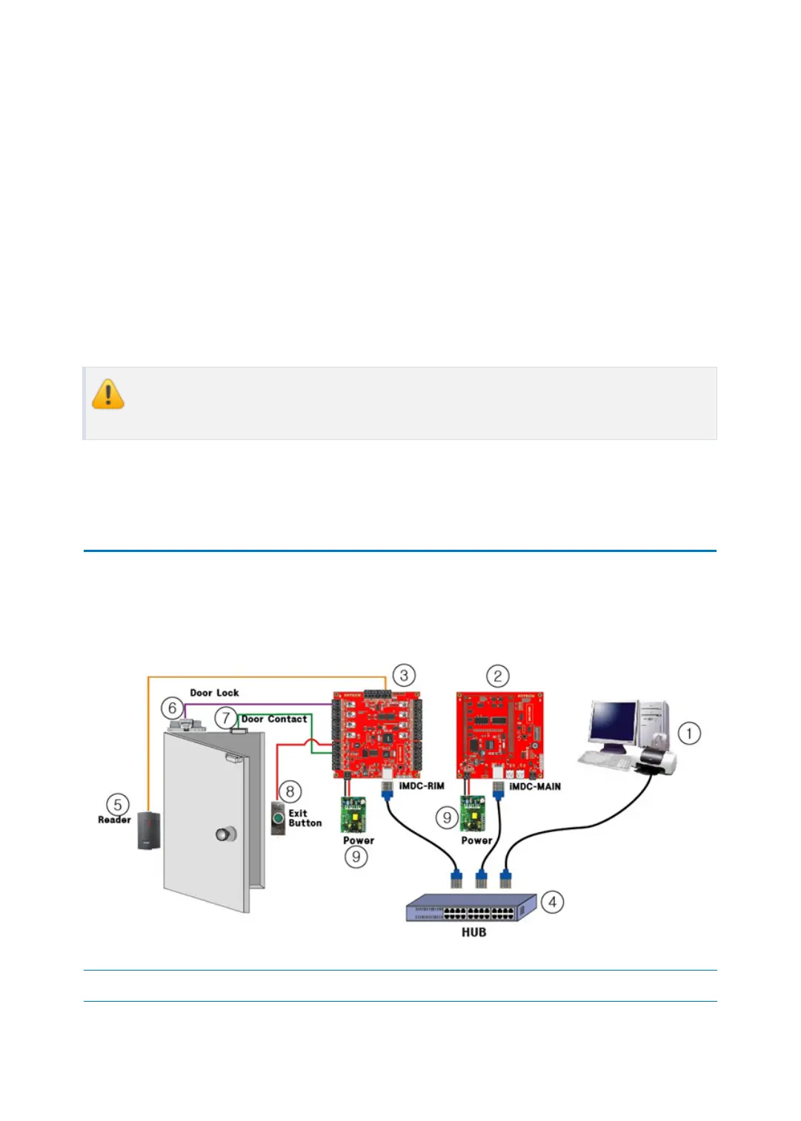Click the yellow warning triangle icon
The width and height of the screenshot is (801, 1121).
tap(108, 394)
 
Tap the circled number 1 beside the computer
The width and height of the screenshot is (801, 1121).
tap(689, 734)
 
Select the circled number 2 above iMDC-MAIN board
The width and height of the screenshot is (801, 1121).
tap(497, 676)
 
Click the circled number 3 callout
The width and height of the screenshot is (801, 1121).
tap(404, 675)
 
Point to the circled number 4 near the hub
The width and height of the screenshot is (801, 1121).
tap(552, 902)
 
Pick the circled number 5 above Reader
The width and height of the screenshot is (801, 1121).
tap(117, 805)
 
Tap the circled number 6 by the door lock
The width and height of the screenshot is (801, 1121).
tap(172, 708)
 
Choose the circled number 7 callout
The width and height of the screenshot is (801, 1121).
tap(226, 717)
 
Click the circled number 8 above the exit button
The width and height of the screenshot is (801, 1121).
tap(290, 791)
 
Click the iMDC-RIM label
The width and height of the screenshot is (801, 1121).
tap(422, 786)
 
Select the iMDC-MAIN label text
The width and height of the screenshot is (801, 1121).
tap(535, 786)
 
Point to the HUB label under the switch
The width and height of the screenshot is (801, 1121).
tap(473, 932)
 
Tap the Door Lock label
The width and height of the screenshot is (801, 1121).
tap(214, 693)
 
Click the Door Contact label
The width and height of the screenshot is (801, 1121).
tap(274, 719)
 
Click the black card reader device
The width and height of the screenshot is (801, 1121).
tap(149, 830)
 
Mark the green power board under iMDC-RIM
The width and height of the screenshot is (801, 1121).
tap(353, 814)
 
